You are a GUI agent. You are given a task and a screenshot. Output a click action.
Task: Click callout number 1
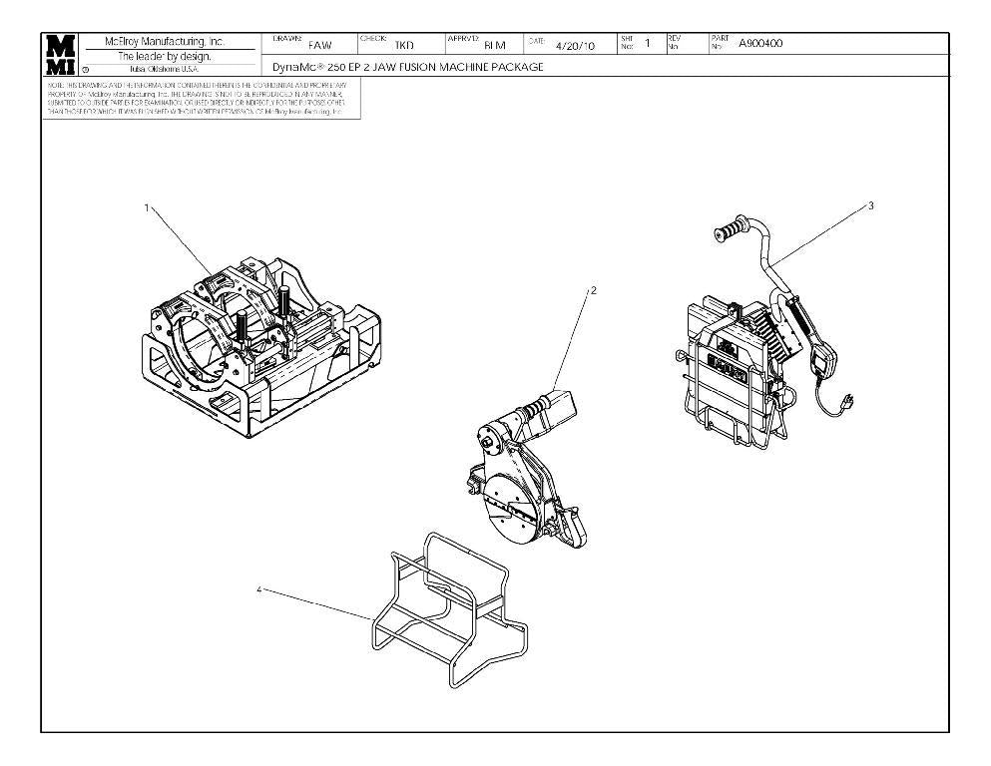point(147,207)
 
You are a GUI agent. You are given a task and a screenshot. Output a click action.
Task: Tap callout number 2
point(594,290)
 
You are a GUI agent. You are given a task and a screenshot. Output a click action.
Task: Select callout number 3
point(871,205)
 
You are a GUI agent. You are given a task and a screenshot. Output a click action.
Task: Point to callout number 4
point(259,589)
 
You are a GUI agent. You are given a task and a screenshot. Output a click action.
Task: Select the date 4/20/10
point(575,45)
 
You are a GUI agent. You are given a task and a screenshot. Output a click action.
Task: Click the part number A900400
point(760,43)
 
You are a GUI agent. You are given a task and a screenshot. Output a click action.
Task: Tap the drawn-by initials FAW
point(319,45)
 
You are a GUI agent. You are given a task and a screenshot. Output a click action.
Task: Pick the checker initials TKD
point(404,45)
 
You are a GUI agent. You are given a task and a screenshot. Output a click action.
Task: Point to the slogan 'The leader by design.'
point(166,56)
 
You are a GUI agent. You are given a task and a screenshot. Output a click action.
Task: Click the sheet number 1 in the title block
point(647,43)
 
